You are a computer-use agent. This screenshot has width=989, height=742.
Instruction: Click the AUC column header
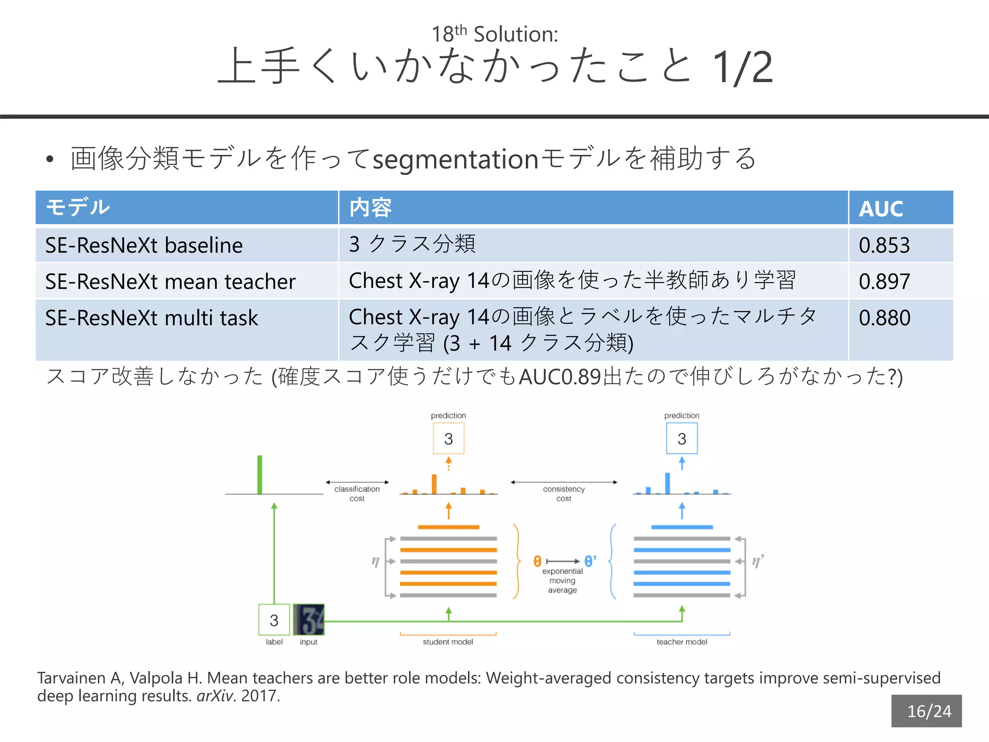tap(881, 209)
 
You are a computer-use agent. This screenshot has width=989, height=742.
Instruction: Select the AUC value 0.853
tap(884, 245)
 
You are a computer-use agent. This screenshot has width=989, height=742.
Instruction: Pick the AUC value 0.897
tap(884, 282)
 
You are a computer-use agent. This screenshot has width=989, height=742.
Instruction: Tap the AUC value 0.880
tap(884, 318)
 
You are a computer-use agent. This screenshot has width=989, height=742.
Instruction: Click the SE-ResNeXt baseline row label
tap(144, 245)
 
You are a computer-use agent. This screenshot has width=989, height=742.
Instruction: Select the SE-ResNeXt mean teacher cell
tap(170, 282)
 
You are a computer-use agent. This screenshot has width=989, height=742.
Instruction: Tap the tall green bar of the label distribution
tap(260, 474)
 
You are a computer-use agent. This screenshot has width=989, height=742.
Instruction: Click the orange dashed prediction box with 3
tap(449, 439)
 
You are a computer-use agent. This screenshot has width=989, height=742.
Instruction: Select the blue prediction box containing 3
tap(682, 439)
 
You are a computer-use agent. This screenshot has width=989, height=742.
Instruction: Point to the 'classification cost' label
tap(357, 494)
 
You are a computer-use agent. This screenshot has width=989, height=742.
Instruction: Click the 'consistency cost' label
tap(564, 494)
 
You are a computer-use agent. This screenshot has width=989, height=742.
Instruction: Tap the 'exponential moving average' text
tap(563, 581)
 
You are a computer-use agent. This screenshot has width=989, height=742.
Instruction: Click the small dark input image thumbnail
tap(309, 620)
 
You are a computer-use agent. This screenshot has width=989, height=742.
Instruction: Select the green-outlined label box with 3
tap(274, 620)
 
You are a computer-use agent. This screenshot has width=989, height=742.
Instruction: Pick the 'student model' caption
tap(448, 642)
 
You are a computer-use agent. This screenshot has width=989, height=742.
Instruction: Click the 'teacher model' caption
tap(682, 642)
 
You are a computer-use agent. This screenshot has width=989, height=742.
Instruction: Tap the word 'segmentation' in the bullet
tap(455, 159)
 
